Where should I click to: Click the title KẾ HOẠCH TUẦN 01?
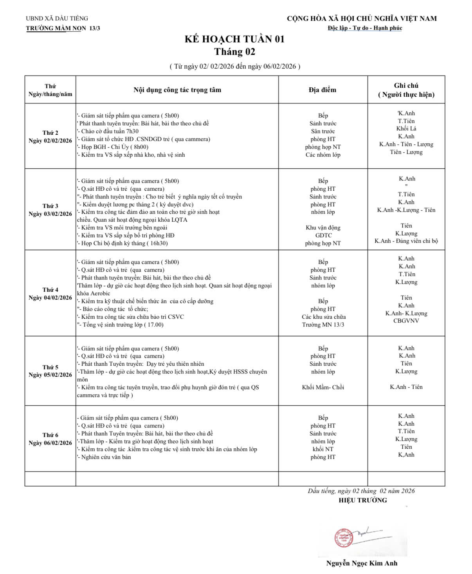234,39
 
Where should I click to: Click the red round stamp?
343,538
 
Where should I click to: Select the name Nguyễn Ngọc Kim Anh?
362,563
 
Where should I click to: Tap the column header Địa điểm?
322,90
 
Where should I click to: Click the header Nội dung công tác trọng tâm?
177,90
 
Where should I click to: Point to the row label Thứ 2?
50,133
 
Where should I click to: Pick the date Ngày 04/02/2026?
50,298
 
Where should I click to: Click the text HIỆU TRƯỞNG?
363,500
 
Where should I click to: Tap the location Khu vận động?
323,227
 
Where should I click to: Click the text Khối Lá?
406,128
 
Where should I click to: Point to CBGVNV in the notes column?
406,321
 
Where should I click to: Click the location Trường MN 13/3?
323,325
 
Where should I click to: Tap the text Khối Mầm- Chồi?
323,387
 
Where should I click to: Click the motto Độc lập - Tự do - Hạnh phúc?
365,28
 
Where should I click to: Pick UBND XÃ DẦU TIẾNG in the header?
57,18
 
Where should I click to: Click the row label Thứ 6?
50,435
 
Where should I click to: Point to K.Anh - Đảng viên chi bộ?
406,241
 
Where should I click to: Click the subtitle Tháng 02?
234,52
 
